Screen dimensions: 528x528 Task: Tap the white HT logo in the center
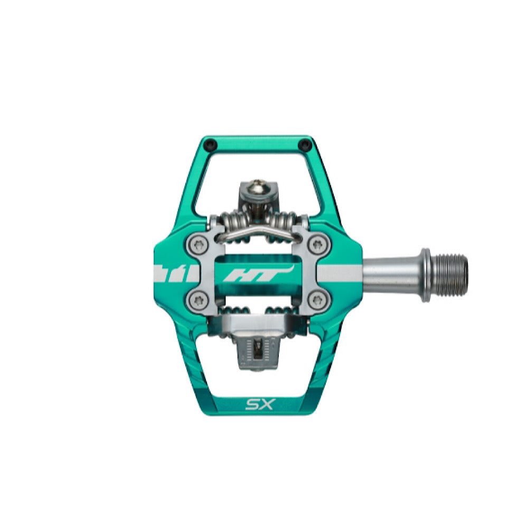pyautogui.click(x=259, y=274)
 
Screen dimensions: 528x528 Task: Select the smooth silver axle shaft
pyautogui.click(x=392, y=274)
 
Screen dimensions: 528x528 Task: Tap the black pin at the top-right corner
pyautogui.click(x=305, y=145)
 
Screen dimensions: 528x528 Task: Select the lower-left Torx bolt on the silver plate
pyautogui.click(x=197, y=299)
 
